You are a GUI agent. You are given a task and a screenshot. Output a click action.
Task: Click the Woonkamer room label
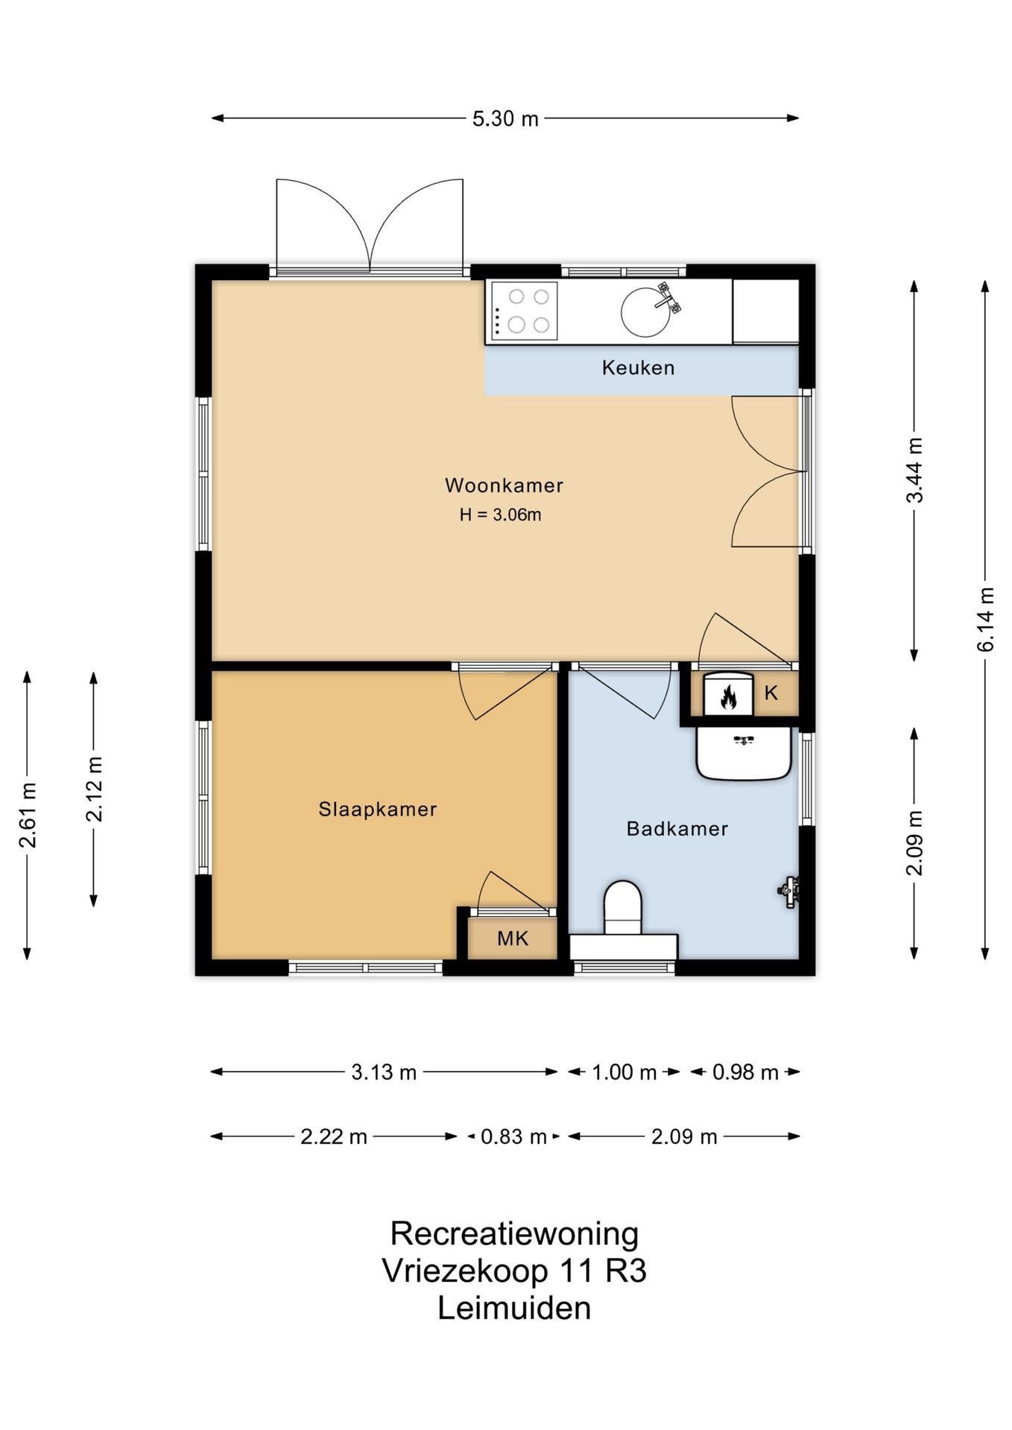[504, 486]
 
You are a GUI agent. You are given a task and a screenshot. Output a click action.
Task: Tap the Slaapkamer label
[378, 810]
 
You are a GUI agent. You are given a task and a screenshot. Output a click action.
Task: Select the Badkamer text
[677, 829]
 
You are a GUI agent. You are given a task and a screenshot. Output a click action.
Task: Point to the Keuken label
[638, 367]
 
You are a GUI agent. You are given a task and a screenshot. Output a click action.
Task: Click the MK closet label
[513, 938]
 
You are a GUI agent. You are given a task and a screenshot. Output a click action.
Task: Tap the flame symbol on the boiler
[728, 697]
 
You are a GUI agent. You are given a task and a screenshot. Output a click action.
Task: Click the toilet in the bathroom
[623, 908]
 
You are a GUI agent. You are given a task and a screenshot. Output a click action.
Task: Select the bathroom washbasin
[744, 754]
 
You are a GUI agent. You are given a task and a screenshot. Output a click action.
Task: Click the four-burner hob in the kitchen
[524, 311]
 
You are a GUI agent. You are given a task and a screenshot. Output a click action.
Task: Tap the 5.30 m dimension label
[505, 118]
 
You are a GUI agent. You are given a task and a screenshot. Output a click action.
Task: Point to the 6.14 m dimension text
[986, 620]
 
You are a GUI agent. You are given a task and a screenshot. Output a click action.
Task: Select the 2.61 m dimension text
[28, 816]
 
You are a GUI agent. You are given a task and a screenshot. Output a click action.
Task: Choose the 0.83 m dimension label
[513, 1137]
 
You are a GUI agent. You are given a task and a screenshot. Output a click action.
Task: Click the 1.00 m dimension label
[624, 1072]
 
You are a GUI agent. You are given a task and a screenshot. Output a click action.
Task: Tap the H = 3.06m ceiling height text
[500, 515]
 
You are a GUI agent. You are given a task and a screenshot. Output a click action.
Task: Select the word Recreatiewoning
[514, 1233]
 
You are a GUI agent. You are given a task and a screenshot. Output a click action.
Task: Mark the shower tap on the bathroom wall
[789, 890]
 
